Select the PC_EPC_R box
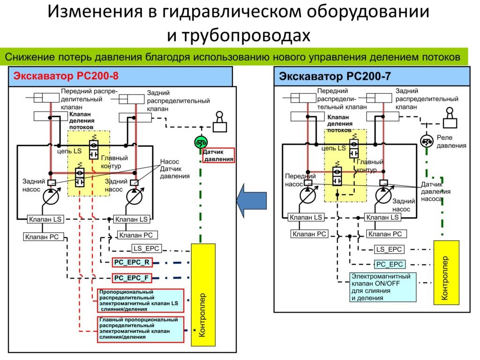(x=132, y=263)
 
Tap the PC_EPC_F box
(x=132, y=278)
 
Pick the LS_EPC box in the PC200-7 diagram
(x=389, y=249)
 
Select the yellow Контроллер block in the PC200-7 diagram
(x=446, y=271)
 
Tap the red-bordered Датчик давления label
(x=218, y=156)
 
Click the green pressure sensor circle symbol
(x=201, y=142)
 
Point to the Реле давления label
(x=451, y=142)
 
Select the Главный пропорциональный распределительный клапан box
(x=140, y=328)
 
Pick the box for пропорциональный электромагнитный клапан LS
(x=140, y=300)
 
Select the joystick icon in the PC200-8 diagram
(x=219, y=122)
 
